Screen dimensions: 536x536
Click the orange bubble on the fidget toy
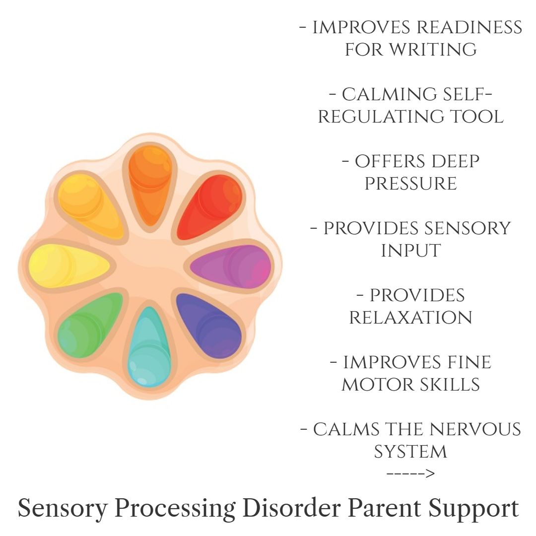150,186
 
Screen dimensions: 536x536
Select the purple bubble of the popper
231,267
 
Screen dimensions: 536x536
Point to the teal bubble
149,347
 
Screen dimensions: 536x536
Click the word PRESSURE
411,184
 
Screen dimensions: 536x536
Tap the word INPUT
411,251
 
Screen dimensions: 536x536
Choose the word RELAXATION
411,318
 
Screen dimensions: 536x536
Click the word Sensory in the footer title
63,509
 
